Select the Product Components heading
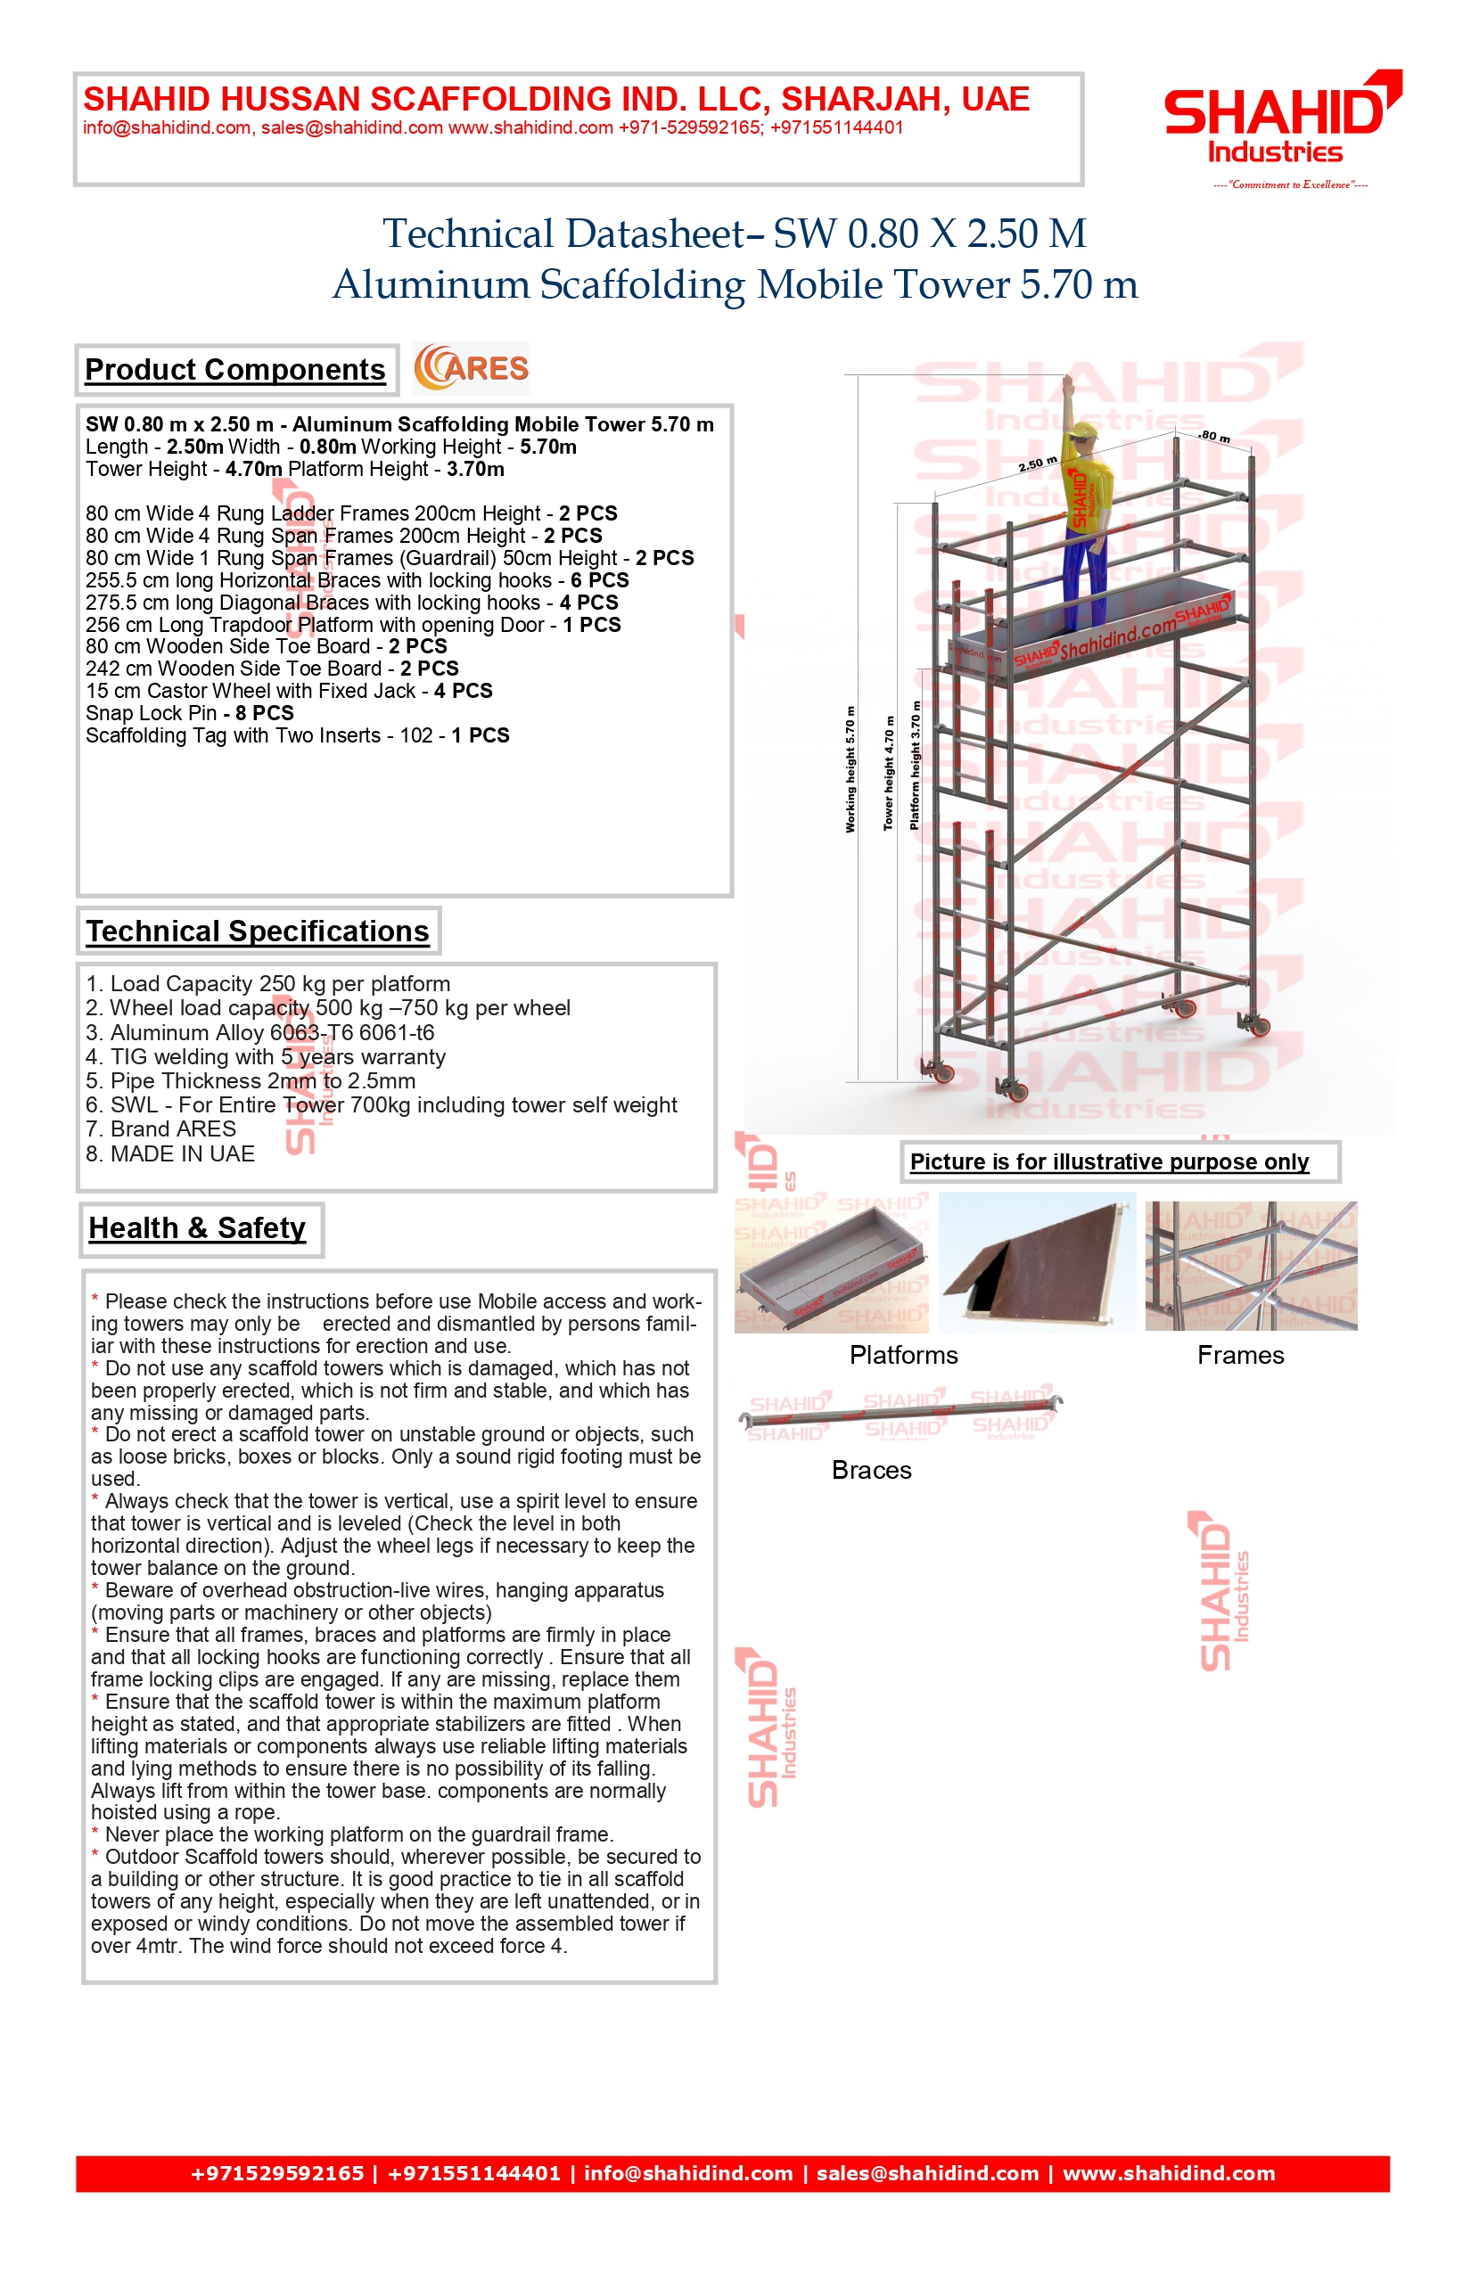pyautogui.click(x=235, y=370)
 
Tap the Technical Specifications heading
pyautogui.click(x=258, y=931)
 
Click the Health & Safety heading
pyautogui.click(x=198, y=1228)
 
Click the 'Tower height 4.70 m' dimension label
pyautogui.click(x=888, y=773)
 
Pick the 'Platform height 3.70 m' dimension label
pyautogui.click(x=915, y=765)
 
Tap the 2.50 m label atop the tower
pyautogui.click(x=1038, y=464)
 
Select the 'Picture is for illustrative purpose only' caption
pyautogui.click(x=1109, y=1162)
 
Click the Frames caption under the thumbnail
pyautogui.click(x=1240, y=1355)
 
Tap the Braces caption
pyautogui.click(x=871, y=1470)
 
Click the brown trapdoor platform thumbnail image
pyautogui.click(x=1038, y=1262)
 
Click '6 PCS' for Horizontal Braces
pyautogui.click(x=600, y=580)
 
